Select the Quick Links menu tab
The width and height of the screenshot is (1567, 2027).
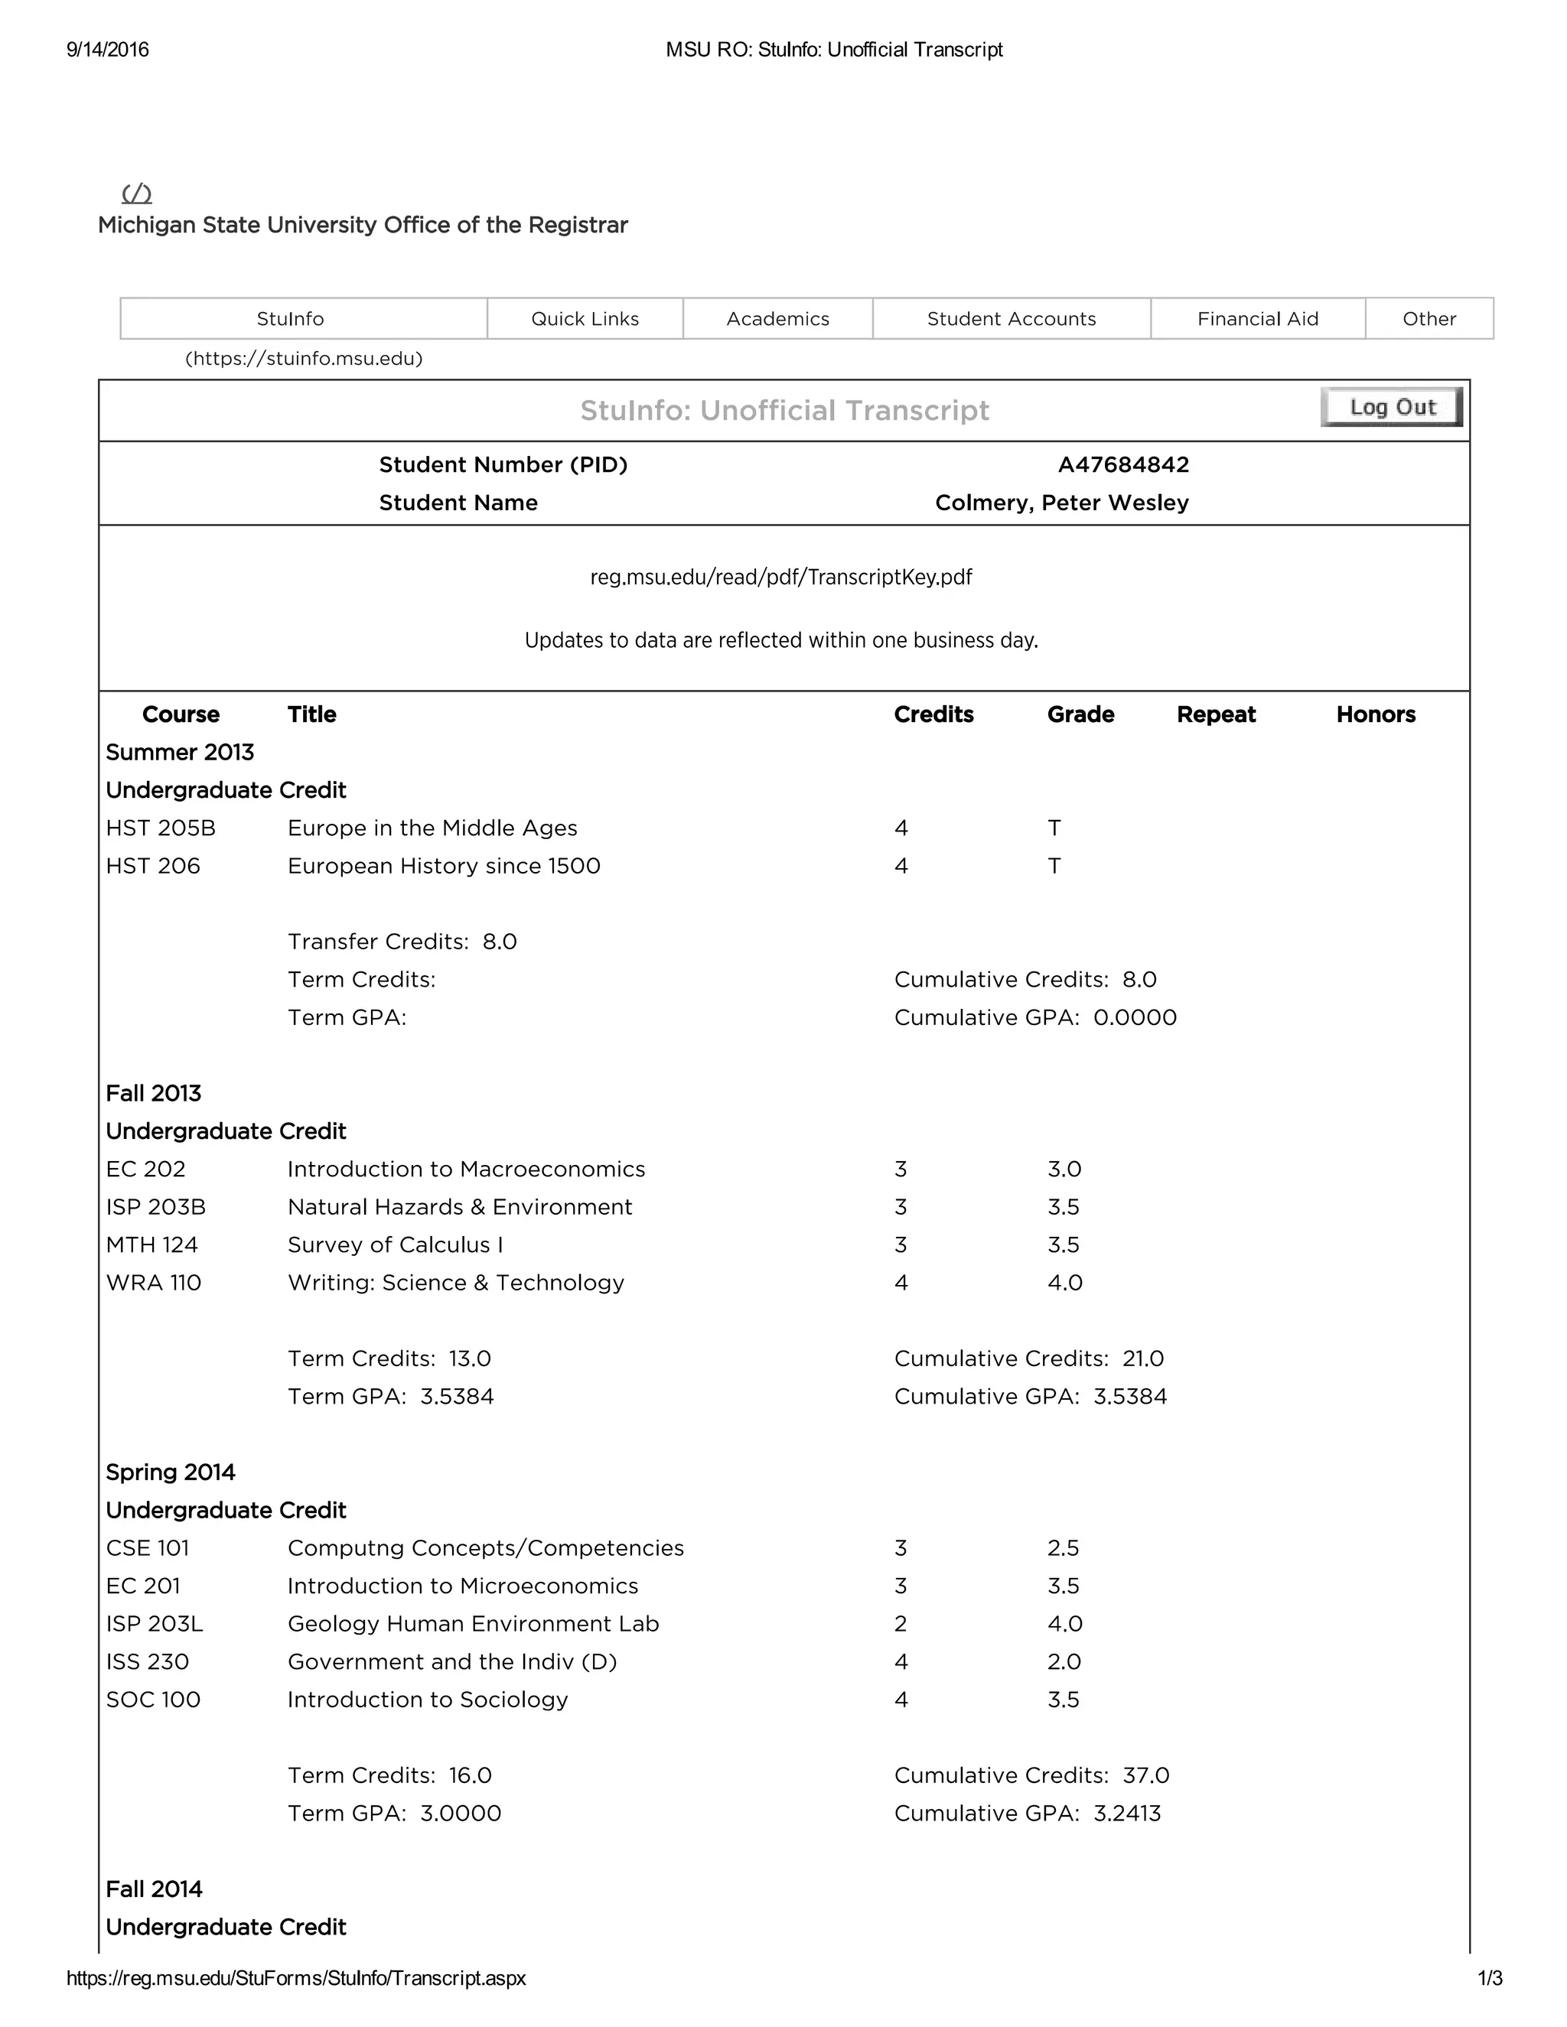(585, 318)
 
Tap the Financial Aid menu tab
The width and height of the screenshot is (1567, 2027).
(1257, 318)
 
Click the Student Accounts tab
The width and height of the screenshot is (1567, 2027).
(1011, 318)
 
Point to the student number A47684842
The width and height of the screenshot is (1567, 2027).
(1123, 464)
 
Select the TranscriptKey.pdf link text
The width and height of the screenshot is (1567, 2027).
(780, 578)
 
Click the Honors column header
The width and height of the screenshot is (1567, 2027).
(1375, 714)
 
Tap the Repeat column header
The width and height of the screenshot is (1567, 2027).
(1215, 714)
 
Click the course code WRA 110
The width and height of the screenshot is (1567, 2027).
(153, 1283)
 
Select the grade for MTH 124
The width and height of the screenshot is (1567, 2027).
(1063, 1245)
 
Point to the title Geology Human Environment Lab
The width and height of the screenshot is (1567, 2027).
(473, 1623)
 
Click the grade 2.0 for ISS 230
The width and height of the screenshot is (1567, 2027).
(1064, 1661)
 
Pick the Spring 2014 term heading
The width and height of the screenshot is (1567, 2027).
(171, 1472)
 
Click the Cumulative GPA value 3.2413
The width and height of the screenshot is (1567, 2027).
(1127, 1813)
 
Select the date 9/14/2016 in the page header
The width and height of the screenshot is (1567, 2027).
(108, 50)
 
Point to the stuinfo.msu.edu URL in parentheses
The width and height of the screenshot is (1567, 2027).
(304, 358)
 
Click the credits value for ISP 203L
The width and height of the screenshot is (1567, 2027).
(901, 1623)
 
